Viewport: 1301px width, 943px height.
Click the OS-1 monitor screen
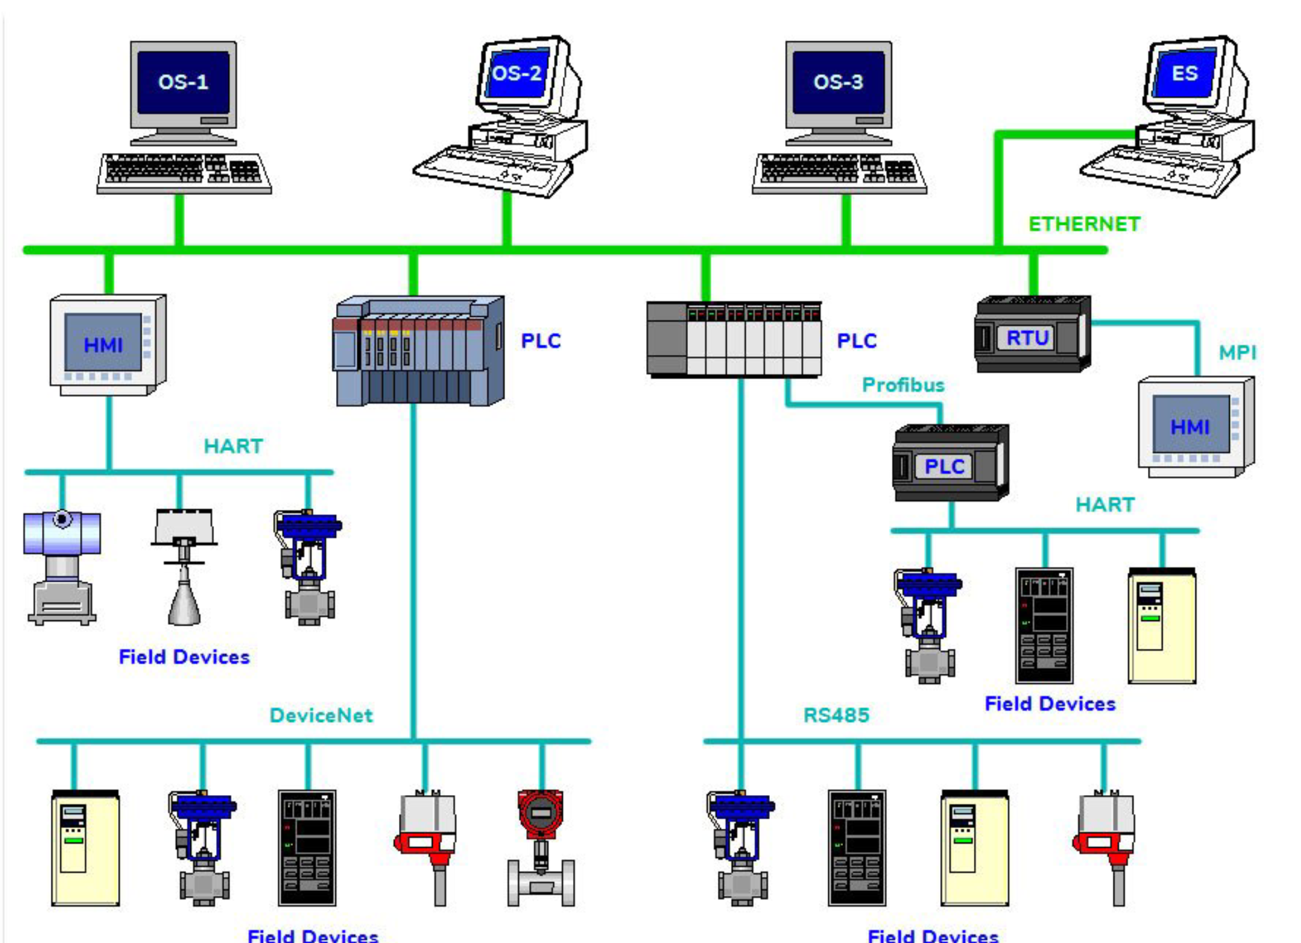[x=183, y=82]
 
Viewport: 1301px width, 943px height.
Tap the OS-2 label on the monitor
[x=517, y=73]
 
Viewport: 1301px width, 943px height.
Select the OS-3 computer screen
[x=838, y=82]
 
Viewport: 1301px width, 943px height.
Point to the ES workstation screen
[x=1185, y=73]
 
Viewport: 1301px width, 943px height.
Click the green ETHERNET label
[x=1084, y=224]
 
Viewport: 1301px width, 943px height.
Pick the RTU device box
[x=1032, y=335]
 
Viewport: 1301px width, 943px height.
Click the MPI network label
[x=1237, y=352]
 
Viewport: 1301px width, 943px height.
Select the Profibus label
[x=903, y=385]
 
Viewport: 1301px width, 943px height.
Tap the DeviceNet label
[x=321, y=716]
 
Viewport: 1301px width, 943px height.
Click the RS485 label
[x=836, y=716]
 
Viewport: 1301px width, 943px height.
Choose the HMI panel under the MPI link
[x=1194, y=427]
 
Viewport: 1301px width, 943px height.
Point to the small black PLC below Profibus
[x=949, y=464]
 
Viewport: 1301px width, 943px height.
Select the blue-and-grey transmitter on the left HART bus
[x=62, y=565]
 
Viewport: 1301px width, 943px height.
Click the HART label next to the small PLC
[x=1105, y=505]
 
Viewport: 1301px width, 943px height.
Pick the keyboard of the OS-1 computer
[x=184, y=172]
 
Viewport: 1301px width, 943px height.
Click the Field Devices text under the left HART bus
[x=184, y=657]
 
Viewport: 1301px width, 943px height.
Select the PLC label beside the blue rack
[x=541, y=341]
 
